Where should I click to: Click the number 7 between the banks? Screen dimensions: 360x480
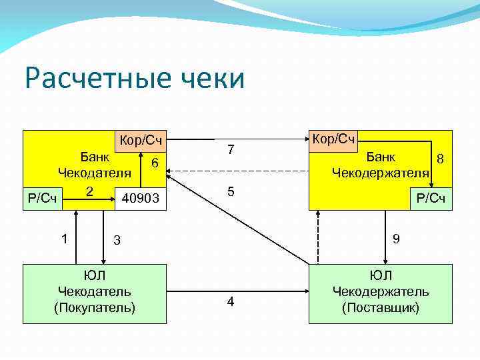pos(231,151)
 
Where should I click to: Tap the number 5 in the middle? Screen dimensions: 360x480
pos(231,192)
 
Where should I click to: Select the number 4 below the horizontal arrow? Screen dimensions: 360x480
pos(231,302)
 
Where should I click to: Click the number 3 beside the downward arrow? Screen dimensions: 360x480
pos(116,240)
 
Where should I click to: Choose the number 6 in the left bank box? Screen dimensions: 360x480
pos(154,163)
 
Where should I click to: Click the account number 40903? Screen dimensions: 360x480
pos(141,198)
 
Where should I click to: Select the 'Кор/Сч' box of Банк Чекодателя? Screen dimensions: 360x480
pos(141,141)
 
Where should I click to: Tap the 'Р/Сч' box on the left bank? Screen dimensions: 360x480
pos(43,198)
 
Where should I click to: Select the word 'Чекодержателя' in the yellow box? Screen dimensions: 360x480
pos(380,173)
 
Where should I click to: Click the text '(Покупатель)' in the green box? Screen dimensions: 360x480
pos(95,307)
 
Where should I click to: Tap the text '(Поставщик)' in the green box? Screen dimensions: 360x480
pos(381,307)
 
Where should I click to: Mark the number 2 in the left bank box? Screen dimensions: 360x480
pos(88,191)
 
